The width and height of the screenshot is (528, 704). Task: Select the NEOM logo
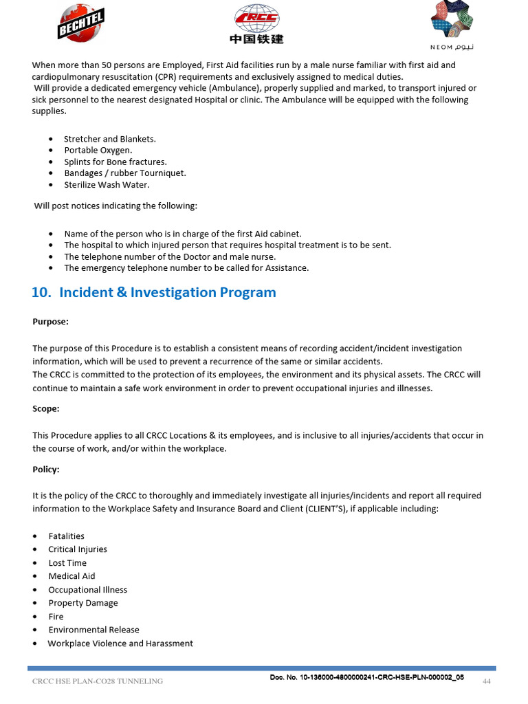452,25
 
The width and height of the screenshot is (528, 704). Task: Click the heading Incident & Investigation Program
154,292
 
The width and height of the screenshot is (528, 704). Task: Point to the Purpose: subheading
50,321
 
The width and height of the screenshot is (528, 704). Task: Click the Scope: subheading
46,408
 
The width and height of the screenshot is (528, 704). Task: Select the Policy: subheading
46,469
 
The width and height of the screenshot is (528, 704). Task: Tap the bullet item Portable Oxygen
98,150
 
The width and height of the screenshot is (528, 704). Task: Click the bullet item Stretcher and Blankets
109,139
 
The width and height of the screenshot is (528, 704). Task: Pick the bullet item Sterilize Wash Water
107,185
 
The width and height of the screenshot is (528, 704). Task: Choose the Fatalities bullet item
66,536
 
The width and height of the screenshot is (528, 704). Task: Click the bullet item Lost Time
67,562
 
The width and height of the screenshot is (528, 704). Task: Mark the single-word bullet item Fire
56,616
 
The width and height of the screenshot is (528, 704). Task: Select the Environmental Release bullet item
93,629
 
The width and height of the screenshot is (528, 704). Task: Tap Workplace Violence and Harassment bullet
120,643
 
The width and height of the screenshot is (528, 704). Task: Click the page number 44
486,681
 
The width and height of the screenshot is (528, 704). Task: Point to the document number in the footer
366,677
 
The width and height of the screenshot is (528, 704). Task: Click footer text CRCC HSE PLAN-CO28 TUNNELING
98,681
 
